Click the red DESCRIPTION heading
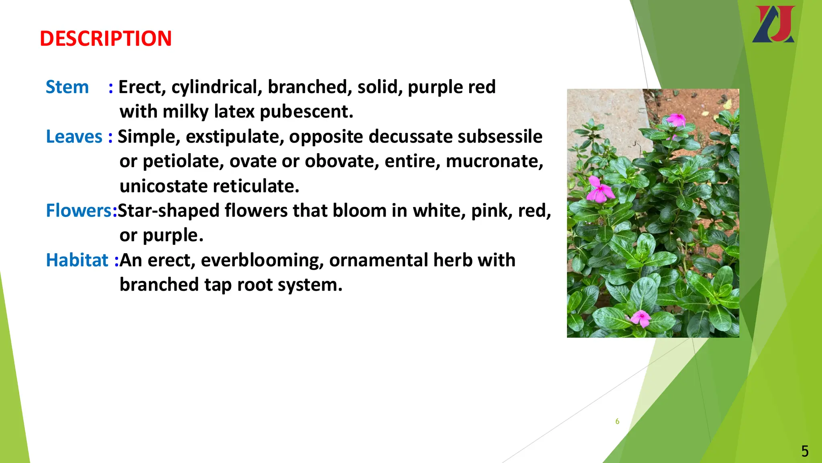(x=106, y=39)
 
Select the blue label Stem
(x=67, y=87)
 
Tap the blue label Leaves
(x=74, y=137)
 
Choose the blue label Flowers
(x=79, y=211)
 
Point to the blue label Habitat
(x=77, y=260)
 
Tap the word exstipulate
(x=235, y=137)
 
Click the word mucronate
(x=494, y=161)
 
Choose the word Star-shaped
(x=168, y=211)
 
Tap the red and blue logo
(x=773, y=24)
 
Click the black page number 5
(x=805, y=451)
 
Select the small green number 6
(x=617, y=421)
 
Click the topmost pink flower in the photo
(x=676, y=119)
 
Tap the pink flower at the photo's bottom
(x=641, y=318)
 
